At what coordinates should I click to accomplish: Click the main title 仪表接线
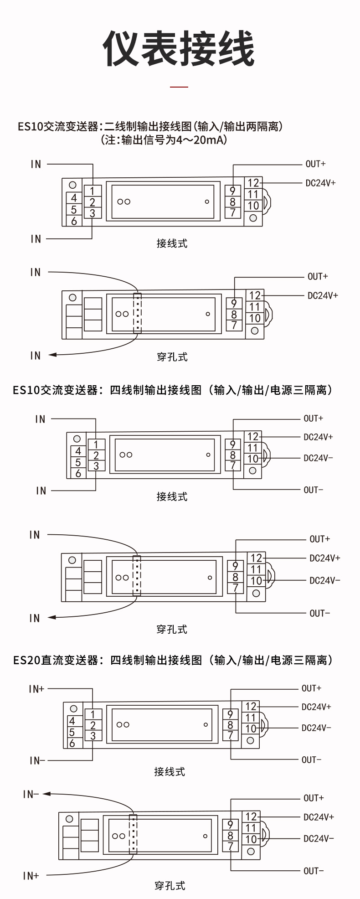179,49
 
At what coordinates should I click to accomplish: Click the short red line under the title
179,86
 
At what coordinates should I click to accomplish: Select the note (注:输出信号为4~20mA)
164,140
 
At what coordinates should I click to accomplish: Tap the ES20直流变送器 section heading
173,660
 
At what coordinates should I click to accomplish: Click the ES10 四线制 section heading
173,390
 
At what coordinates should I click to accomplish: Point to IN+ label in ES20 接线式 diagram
36,689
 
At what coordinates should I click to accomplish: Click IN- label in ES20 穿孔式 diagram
31,795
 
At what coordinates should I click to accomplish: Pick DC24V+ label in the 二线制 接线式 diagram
320,183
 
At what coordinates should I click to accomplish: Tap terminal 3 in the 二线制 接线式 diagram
93,213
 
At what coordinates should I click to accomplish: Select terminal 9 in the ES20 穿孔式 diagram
230,825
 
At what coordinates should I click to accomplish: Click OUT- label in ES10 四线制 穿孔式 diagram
319,613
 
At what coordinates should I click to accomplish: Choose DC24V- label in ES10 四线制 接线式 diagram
318,458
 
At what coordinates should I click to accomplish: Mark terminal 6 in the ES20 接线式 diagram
72,743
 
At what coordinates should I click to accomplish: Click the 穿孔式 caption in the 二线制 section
172,357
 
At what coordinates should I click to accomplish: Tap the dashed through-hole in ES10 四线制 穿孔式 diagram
136,575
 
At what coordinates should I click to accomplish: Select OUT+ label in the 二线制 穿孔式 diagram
318,276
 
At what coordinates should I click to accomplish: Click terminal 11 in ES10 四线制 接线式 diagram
252,448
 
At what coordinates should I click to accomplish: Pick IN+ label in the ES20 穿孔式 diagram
31,876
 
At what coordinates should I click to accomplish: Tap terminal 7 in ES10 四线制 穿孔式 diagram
235,588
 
